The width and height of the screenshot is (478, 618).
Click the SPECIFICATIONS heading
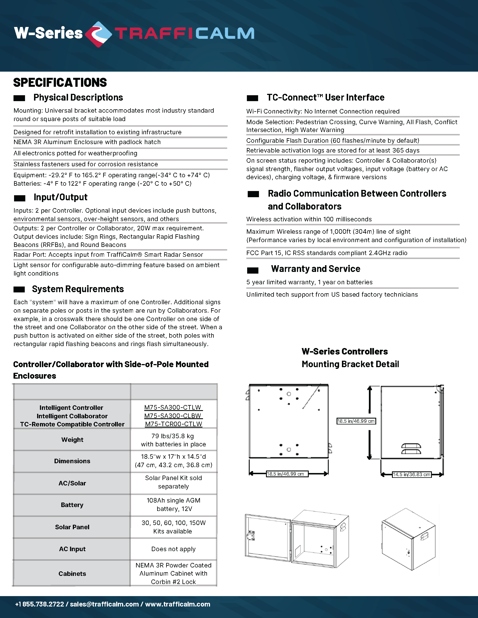(60, 83)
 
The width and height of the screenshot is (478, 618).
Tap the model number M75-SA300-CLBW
(173, 416)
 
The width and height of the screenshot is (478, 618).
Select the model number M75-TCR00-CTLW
(173, 424)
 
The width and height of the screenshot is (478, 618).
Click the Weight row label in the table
(72, 440)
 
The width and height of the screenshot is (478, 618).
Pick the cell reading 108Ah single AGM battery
(173, 505)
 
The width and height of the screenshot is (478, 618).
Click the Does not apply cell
(173, 549)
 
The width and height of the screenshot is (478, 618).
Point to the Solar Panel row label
(72, 527)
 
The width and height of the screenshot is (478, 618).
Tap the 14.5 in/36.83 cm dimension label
(411, 474)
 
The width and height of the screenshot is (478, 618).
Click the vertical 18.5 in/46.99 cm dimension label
(356, 421)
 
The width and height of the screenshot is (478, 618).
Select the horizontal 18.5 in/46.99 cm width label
(287, 474)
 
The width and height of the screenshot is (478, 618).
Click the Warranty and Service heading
(315, 269)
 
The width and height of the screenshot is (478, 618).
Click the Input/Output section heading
(60, 197)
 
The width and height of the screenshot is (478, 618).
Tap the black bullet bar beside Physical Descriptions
(19, 98)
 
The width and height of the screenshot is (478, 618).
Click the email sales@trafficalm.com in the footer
(104, 604)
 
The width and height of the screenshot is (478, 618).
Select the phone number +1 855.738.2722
(40, 604)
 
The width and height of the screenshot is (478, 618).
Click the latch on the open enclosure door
(250, 536)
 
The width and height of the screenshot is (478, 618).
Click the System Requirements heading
(78, 289)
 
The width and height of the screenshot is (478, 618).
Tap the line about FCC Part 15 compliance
(326, 253)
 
